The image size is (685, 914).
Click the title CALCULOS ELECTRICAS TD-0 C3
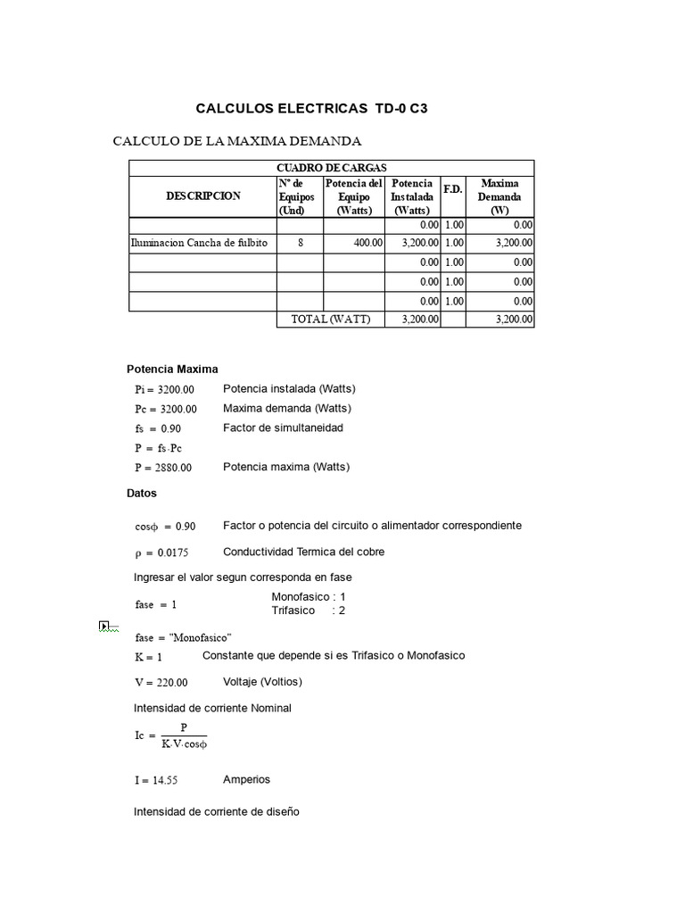click(x=311, y=109)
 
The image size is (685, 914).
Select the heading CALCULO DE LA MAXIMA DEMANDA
click(x=236, y=141)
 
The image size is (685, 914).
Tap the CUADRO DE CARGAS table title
click(x=331, y=168)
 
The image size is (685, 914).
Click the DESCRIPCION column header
click(x=202, y=196)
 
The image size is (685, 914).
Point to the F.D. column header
click(x=453, y=190)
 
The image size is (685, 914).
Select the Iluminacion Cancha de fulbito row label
click(x=199, y=243)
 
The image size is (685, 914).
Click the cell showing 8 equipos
click(x=300, y=243)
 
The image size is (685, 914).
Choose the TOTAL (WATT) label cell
click(x=330, y=320)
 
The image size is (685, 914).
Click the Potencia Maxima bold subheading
click(x=172, y=369)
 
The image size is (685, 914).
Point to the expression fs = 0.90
click(x=158, y=428)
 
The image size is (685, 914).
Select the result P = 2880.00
click(x=163, y=468)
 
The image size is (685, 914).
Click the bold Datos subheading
click(x=142, y=493)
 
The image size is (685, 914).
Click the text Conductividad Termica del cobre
click(x=303, y=552)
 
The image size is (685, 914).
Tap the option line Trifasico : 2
click(x=308, y=611)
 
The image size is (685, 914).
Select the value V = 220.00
click(x=161, y=683)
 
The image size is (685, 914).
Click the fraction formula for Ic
click(x=171, y=737)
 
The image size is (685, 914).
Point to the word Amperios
click(x=246, y=779)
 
